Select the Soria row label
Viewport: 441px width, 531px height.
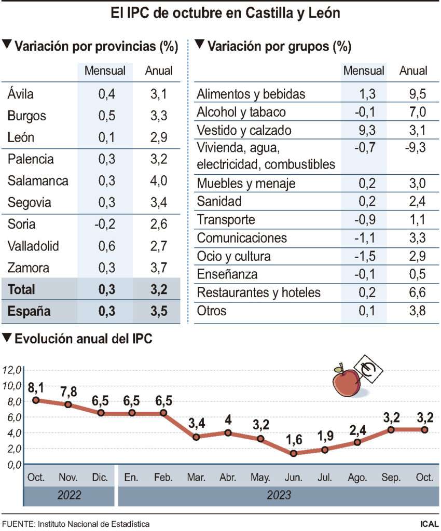pos(22,225)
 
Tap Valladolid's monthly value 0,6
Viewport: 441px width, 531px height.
pos(106,246)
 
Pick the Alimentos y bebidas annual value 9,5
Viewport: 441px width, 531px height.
pos(414,94)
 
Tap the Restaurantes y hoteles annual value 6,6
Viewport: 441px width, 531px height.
pos(414,293)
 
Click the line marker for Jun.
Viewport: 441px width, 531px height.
pos(294,453)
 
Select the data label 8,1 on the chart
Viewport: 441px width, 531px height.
pos(36,387)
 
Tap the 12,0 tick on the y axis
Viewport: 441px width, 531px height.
pos(11,370)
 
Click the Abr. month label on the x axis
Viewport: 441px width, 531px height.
pos(229,477)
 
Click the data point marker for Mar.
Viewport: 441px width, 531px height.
pos(196,437)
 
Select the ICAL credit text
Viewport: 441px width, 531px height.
pos(429,524)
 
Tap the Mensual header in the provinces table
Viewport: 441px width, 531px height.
pos(105,71)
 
